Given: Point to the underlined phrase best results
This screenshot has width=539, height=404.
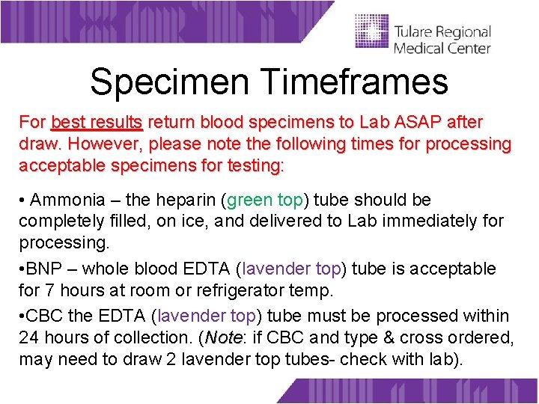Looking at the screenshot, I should pos(97,122).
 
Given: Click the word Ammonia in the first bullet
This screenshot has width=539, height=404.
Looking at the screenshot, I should pos(66,201).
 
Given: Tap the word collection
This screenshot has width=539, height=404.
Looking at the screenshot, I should pos(164,337).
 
